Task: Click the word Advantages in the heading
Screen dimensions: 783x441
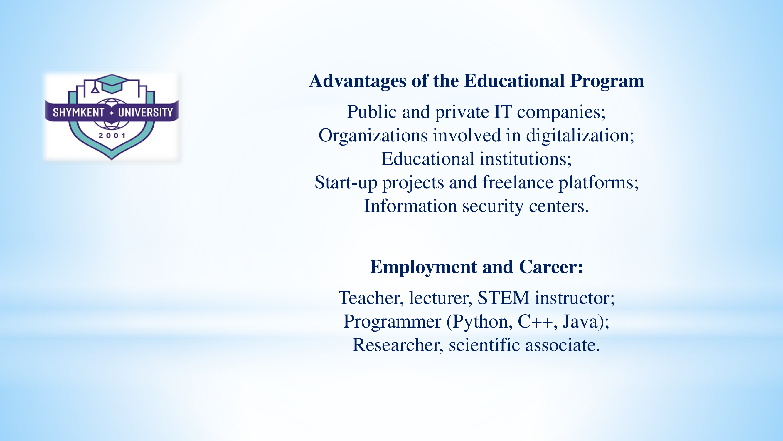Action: [x=358, y=81]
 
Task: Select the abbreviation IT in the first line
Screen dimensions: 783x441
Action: [x=503, y=112]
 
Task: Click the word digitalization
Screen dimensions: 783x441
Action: [x=580, y=136]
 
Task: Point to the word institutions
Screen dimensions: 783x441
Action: [x=526, y=159]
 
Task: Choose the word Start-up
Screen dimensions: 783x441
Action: [x=346, y=183]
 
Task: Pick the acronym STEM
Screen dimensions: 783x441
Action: [x=503, y=298]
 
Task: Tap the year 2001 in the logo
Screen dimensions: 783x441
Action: [x=112, y=136]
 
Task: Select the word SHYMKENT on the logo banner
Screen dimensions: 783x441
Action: [x=78, y=113]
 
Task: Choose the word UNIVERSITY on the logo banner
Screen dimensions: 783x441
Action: [x=145, y=113]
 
